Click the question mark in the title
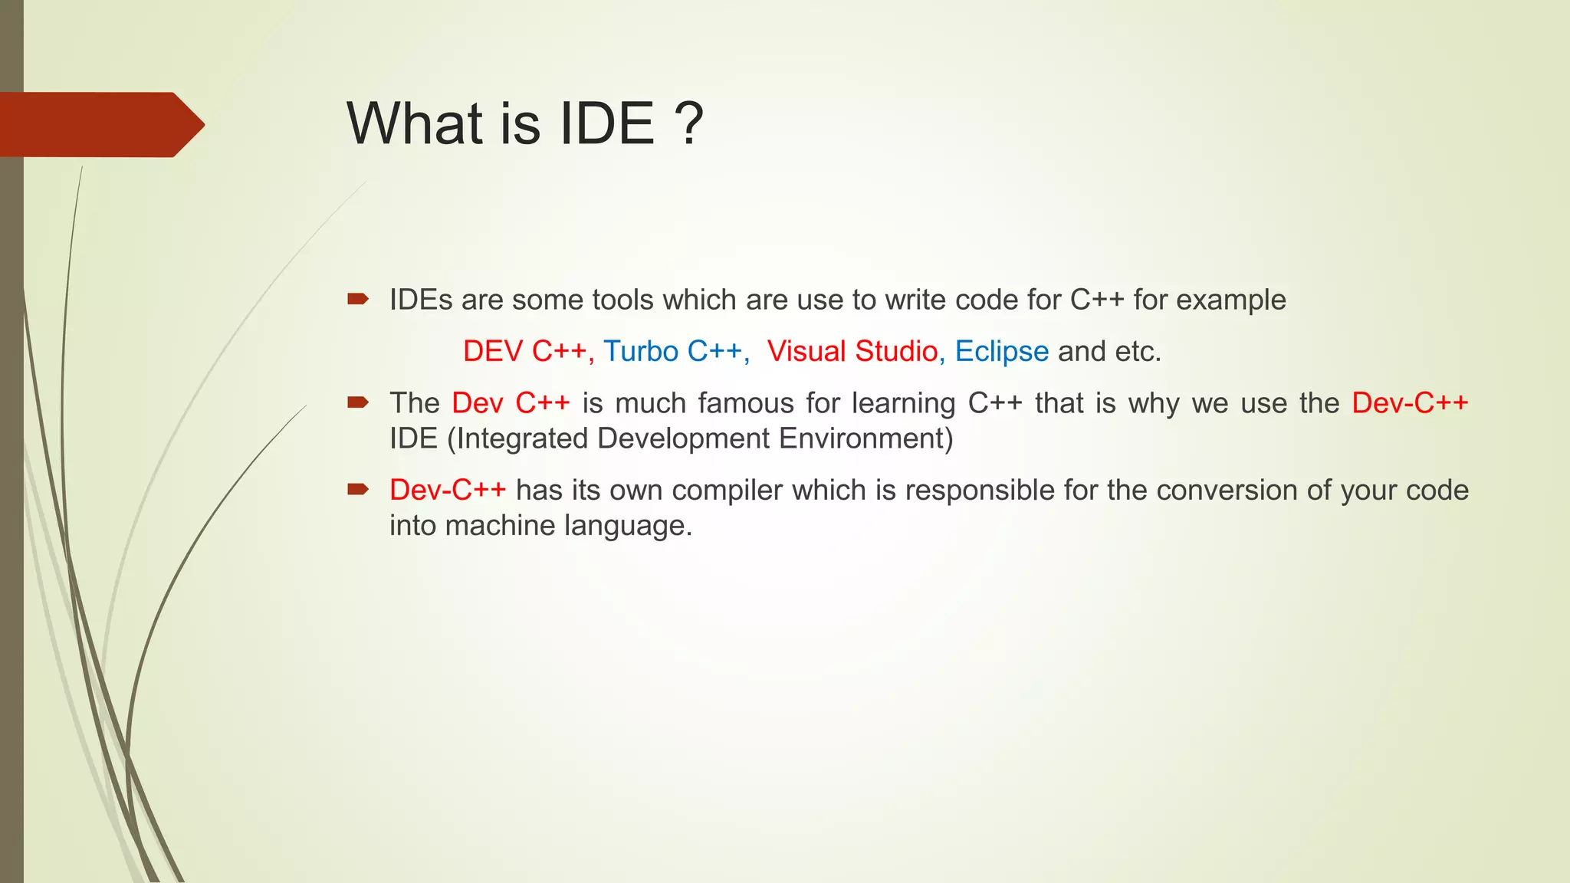coord(689,124)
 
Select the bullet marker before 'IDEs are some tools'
coord(358,299)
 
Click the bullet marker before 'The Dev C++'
coord(358,402)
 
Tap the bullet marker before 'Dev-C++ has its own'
coord(358,489)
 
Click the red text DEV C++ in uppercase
coord(525,351)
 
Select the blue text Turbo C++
coord(672,351)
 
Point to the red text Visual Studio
coord(852,351)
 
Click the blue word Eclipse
coord(1001,351)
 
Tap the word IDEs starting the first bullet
coord(421,300)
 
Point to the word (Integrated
coord(517,438)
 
